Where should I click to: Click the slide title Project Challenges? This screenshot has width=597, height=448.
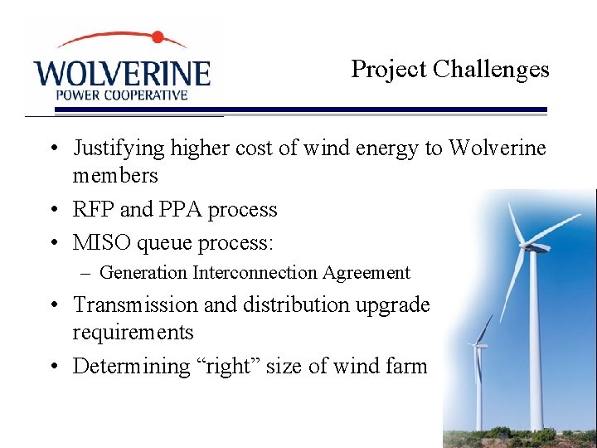[x=449, y=69]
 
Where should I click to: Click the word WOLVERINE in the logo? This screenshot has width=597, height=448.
[x=122, y=72]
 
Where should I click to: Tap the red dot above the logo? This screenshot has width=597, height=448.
[x=158, y=37]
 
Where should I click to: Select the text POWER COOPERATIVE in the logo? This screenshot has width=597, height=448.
[x=121, y=95]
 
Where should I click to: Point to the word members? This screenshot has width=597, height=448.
[x=114, y=176]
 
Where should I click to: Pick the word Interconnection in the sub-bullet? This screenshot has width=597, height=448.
[x=255, y=273]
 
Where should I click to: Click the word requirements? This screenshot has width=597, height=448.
[x=133, y=334]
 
